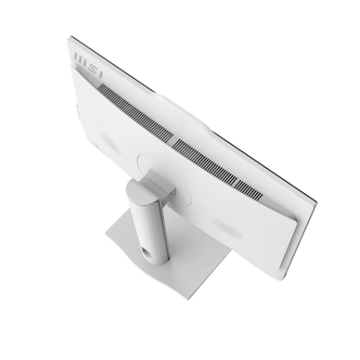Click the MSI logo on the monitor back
point(88,65)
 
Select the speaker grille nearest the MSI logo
point(111,143)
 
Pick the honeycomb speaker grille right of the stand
point(227,229)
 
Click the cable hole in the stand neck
point(146,252)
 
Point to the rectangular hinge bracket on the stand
point(161,185)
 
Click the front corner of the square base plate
point(187,298)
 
